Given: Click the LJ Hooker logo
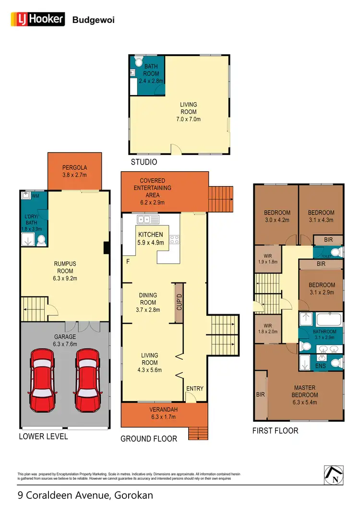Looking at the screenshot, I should pyautogui.click(x=38, y=19).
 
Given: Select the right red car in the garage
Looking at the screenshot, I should pyautogui.click(x=88, y=380).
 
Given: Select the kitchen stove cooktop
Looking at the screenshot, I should pyautogui.click(x=174, y=238).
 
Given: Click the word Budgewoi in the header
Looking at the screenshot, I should pyautogui.click(x=93, y=20).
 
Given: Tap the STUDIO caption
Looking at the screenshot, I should pyautogui.click(x=144, y=162).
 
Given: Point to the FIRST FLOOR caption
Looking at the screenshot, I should pyautogui.click(x=275, y=430).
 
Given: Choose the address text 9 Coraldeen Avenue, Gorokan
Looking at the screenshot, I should pyautogui.click(x=85, y=495).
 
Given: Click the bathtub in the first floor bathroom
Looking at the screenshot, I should pyautogui.click(x=328, y=319).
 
